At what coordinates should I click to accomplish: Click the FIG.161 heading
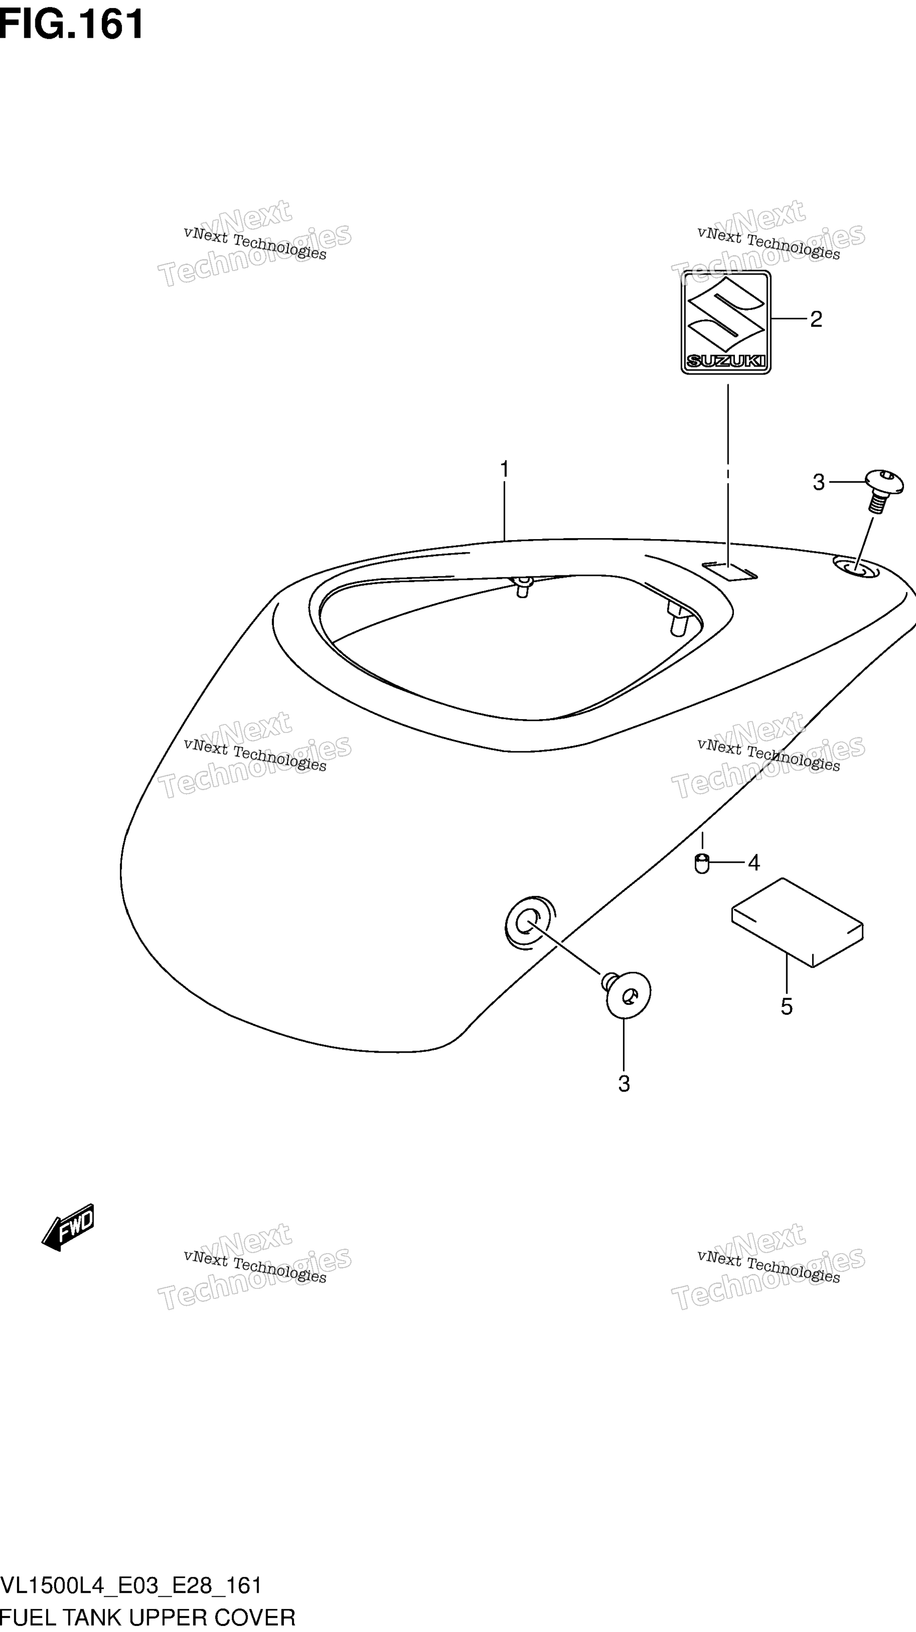coord(72,24)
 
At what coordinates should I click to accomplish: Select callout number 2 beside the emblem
coord(816,319)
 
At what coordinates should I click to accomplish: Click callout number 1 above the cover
coord(504,469)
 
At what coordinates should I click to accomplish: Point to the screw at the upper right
coord(883,490)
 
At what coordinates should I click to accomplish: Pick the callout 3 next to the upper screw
coord(819,483)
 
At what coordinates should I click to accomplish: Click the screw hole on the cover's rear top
coord(856,566)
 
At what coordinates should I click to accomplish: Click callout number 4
coord(753,863)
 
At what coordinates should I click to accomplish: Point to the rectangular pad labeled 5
coord(797,922)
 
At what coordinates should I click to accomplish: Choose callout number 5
coord(786,1006)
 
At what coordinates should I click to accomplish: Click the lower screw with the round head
coord(626,995)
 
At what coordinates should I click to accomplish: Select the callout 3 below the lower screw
coord(624,1084)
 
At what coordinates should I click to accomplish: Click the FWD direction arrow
coord(68,1227)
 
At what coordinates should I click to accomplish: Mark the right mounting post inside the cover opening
coord(676,618)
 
